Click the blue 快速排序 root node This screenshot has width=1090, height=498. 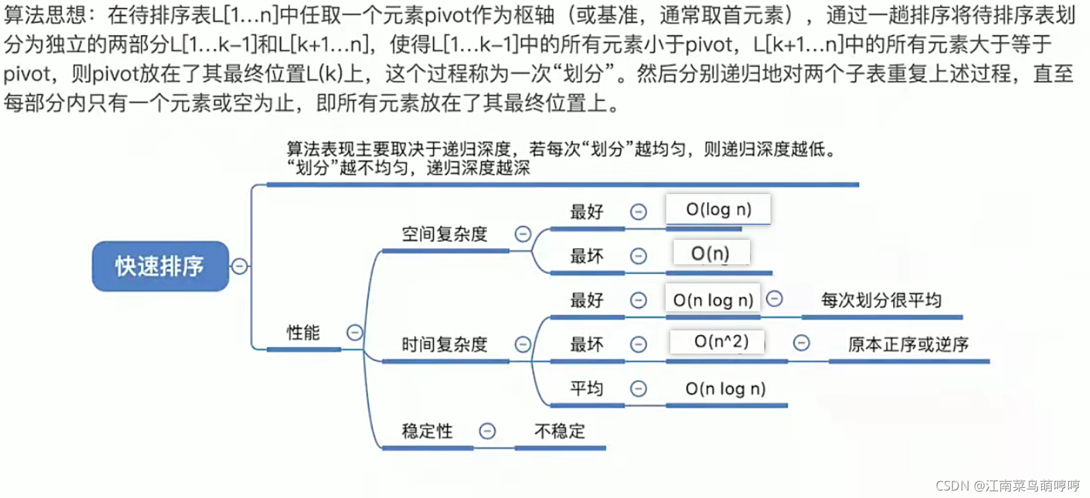(x=160, y=266)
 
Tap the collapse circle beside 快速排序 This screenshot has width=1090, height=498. (x=239, y=266)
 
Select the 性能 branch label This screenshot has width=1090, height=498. (x=303, y=332)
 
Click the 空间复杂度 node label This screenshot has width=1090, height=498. (x=444, y=234)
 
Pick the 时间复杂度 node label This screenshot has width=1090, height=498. (x=444, y=345)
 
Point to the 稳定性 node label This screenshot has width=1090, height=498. (x=427, y=431)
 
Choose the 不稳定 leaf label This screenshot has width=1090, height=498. (x=559, y=431)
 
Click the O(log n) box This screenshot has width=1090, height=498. (x=718, y=209)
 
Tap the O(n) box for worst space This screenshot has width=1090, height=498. (x=711, y=253)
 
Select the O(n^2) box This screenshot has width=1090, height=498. (x=721, y=341)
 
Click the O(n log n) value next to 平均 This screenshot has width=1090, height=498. (x=726, y=388)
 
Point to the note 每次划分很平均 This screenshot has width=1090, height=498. (x=881, y=300)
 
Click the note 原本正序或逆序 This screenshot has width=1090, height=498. (x=908, y=345)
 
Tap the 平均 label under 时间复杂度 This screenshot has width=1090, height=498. (x=587, y=388)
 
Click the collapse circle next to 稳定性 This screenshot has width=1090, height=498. (x=487, y=431)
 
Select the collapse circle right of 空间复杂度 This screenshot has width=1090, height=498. (x=523, y=234)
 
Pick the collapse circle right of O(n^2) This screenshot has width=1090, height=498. (x=801, y=343)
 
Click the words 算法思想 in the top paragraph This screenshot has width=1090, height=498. (x=45, y=15)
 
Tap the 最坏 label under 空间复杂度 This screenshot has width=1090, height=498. (x=587, y=256)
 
